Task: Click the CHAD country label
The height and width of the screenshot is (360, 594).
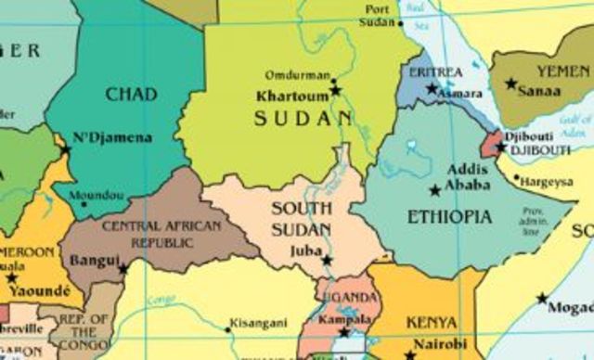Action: click(131, 94)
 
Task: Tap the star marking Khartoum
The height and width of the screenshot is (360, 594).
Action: click(336, 90)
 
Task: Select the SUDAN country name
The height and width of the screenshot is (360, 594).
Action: click(303, 118)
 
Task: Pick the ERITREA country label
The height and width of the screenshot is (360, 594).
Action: click(435, 71)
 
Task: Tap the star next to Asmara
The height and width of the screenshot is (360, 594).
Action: click(432, 89)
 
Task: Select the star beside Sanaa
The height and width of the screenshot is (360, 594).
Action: click(510, 84)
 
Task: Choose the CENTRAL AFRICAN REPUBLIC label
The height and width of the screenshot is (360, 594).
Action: click(148, 234)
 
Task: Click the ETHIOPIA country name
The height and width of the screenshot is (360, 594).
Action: click(449, 217)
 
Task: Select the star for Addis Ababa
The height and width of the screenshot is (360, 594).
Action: click(434, 190)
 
